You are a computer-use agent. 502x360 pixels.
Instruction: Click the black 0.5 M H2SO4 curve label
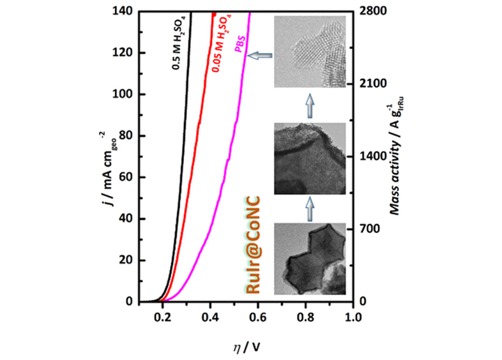coord(178,44)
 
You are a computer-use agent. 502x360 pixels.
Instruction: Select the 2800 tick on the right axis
coord(372,11)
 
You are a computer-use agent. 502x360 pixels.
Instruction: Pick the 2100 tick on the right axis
coord(372,84)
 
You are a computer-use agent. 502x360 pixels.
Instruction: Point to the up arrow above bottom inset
coord(307,208)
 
